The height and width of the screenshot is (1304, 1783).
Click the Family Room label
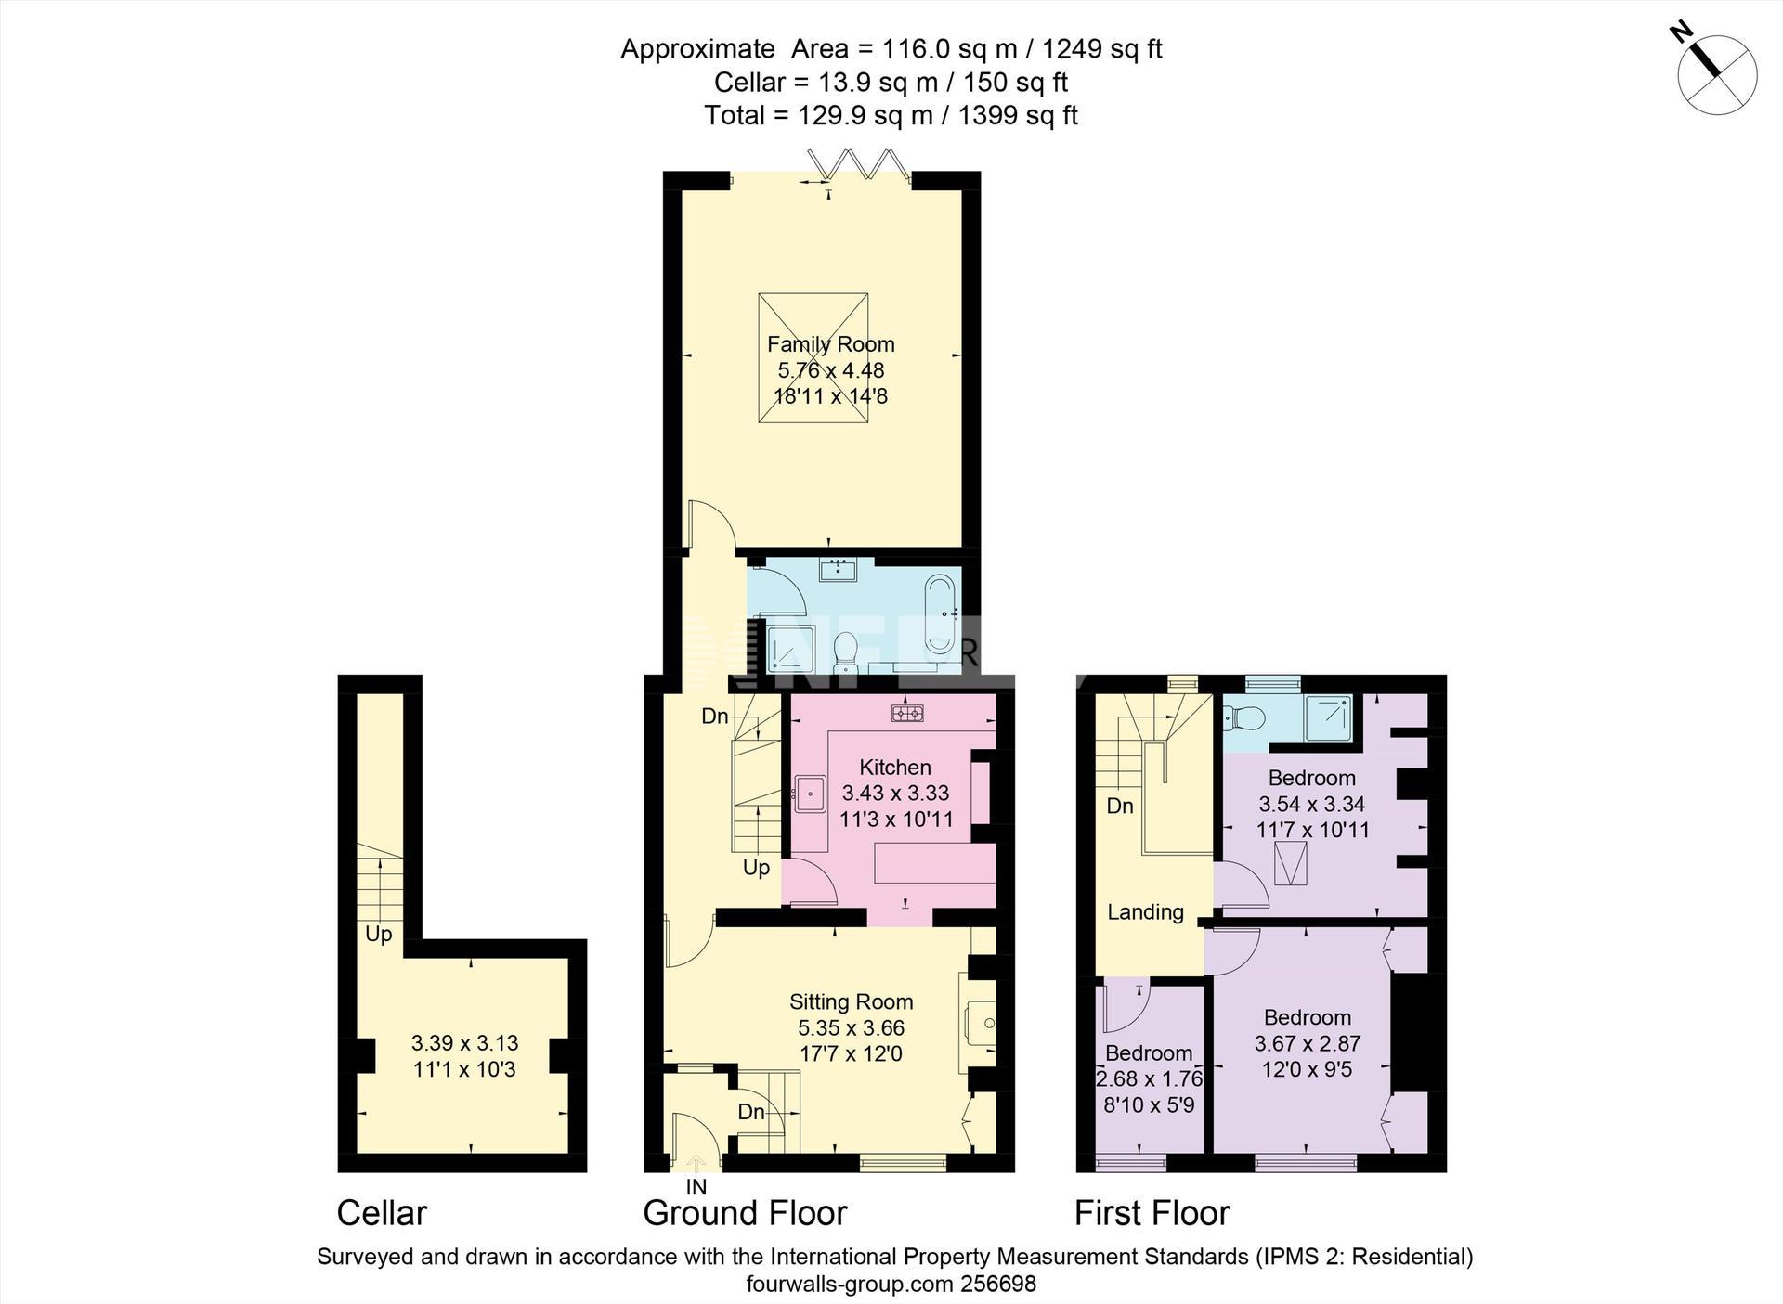[x=831, y=344]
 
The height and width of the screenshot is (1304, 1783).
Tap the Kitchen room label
[x=895, y=768]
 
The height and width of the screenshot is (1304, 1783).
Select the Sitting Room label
[x=852, y=1002]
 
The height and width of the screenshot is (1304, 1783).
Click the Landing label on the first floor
[x=1145, y=912]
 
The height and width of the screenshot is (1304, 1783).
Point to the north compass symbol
[x=1716, y=73]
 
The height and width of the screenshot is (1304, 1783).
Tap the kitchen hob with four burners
[x=907, y=713]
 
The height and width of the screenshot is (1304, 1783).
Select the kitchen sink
[x=811, y=794]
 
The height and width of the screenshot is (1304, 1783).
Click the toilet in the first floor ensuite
[x=1244, y=717]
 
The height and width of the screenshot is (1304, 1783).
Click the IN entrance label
[x=696, y=1187]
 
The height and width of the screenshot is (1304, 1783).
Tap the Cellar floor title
[x=382, y=1213]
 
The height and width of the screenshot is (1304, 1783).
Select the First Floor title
[x=1152, y=1213]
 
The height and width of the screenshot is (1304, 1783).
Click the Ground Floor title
[x=745, y=1213]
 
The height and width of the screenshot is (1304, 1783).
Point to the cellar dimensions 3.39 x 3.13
[x=464, y=1043]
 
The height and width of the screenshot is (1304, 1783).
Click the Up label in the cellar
[x=379, y=935]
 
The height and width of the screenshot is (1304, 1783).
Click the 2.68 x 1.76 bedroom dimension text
[x=1150, y=1079]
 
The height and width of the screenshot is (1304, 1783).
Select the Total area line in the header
[x=891, y=116]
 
